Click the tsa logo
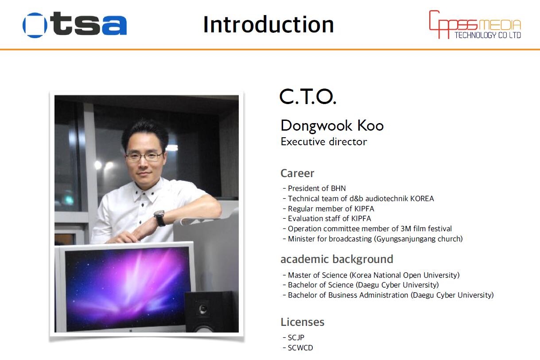[x=74, y=25]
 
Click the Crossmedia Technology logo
[x=475, y=24]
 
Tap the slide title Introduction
[x=268, y=24]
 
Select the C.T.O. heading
[x=307, y=97]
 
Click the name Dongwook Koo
[x=332, y=126]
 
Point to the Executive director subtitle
[x=324, y=141]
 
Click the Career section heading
[x=297, y=173]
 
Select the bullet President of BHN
[x=315, y=188]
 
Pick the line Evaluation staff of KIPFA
[x=327, y=218]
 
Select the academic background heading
[x=337, y=259]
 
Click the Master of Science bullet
[x=371, y=275]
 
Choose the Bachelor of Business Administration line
[x=388, y=295]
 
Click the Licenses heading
[x=302, y=322]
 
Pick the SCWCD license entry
[x=298, y=348]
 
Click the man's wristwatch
[x=159, y=218]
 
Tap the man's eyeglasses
[x=144, y=157]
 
